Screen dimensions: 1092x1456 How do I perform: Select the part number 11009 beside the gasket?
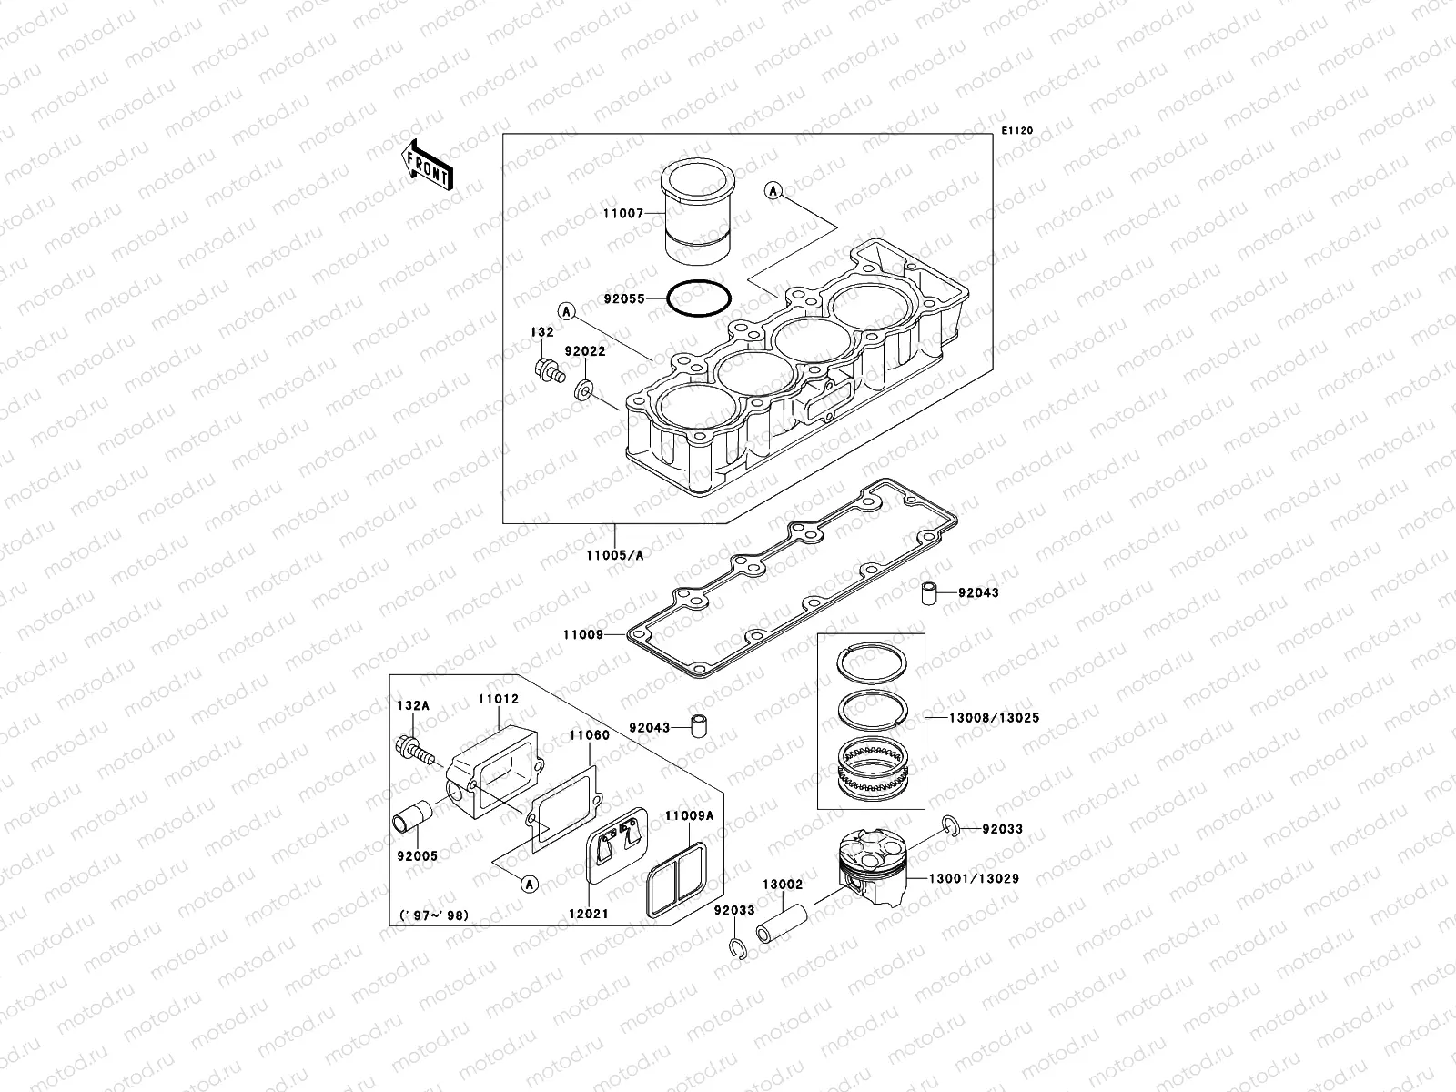click(582, 634)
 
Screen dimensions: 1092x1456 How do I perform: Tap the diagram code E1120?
click(1017, 131)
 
